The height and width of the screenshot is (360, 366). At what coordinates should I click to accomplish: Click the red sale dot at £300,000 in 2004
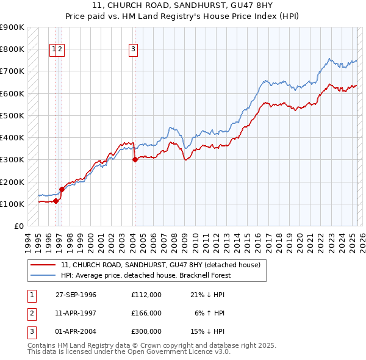pos(135,160)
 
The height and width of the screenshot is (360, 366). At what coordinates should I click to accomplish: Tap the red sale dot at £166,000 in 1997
pos(62,189)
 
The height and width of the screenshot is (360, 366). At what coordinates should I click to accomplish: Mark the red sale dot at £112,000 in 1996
pos(56,201)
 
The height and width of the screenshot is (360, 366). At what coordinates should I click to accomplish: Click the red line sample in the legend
pos(43,265)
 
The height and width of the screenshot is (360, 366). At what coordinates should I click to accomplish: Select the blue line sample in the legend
pos(43,275)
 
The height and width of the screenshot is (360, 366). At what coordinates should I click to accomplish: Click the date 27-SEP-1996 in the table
pos(76,295)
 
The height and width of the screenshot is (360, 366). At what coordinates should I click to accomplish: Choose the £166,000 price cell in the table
pos(146,313)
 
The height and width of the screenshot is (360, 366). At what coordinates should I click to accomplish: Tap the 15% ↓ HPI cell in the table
pos(207,331)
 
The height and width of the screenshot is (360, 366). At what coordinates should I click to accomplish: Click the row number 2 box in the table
pos(31,313)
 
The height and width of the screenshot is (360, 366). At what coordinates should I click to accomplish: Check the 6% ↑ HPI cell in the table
pos(210,313)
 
